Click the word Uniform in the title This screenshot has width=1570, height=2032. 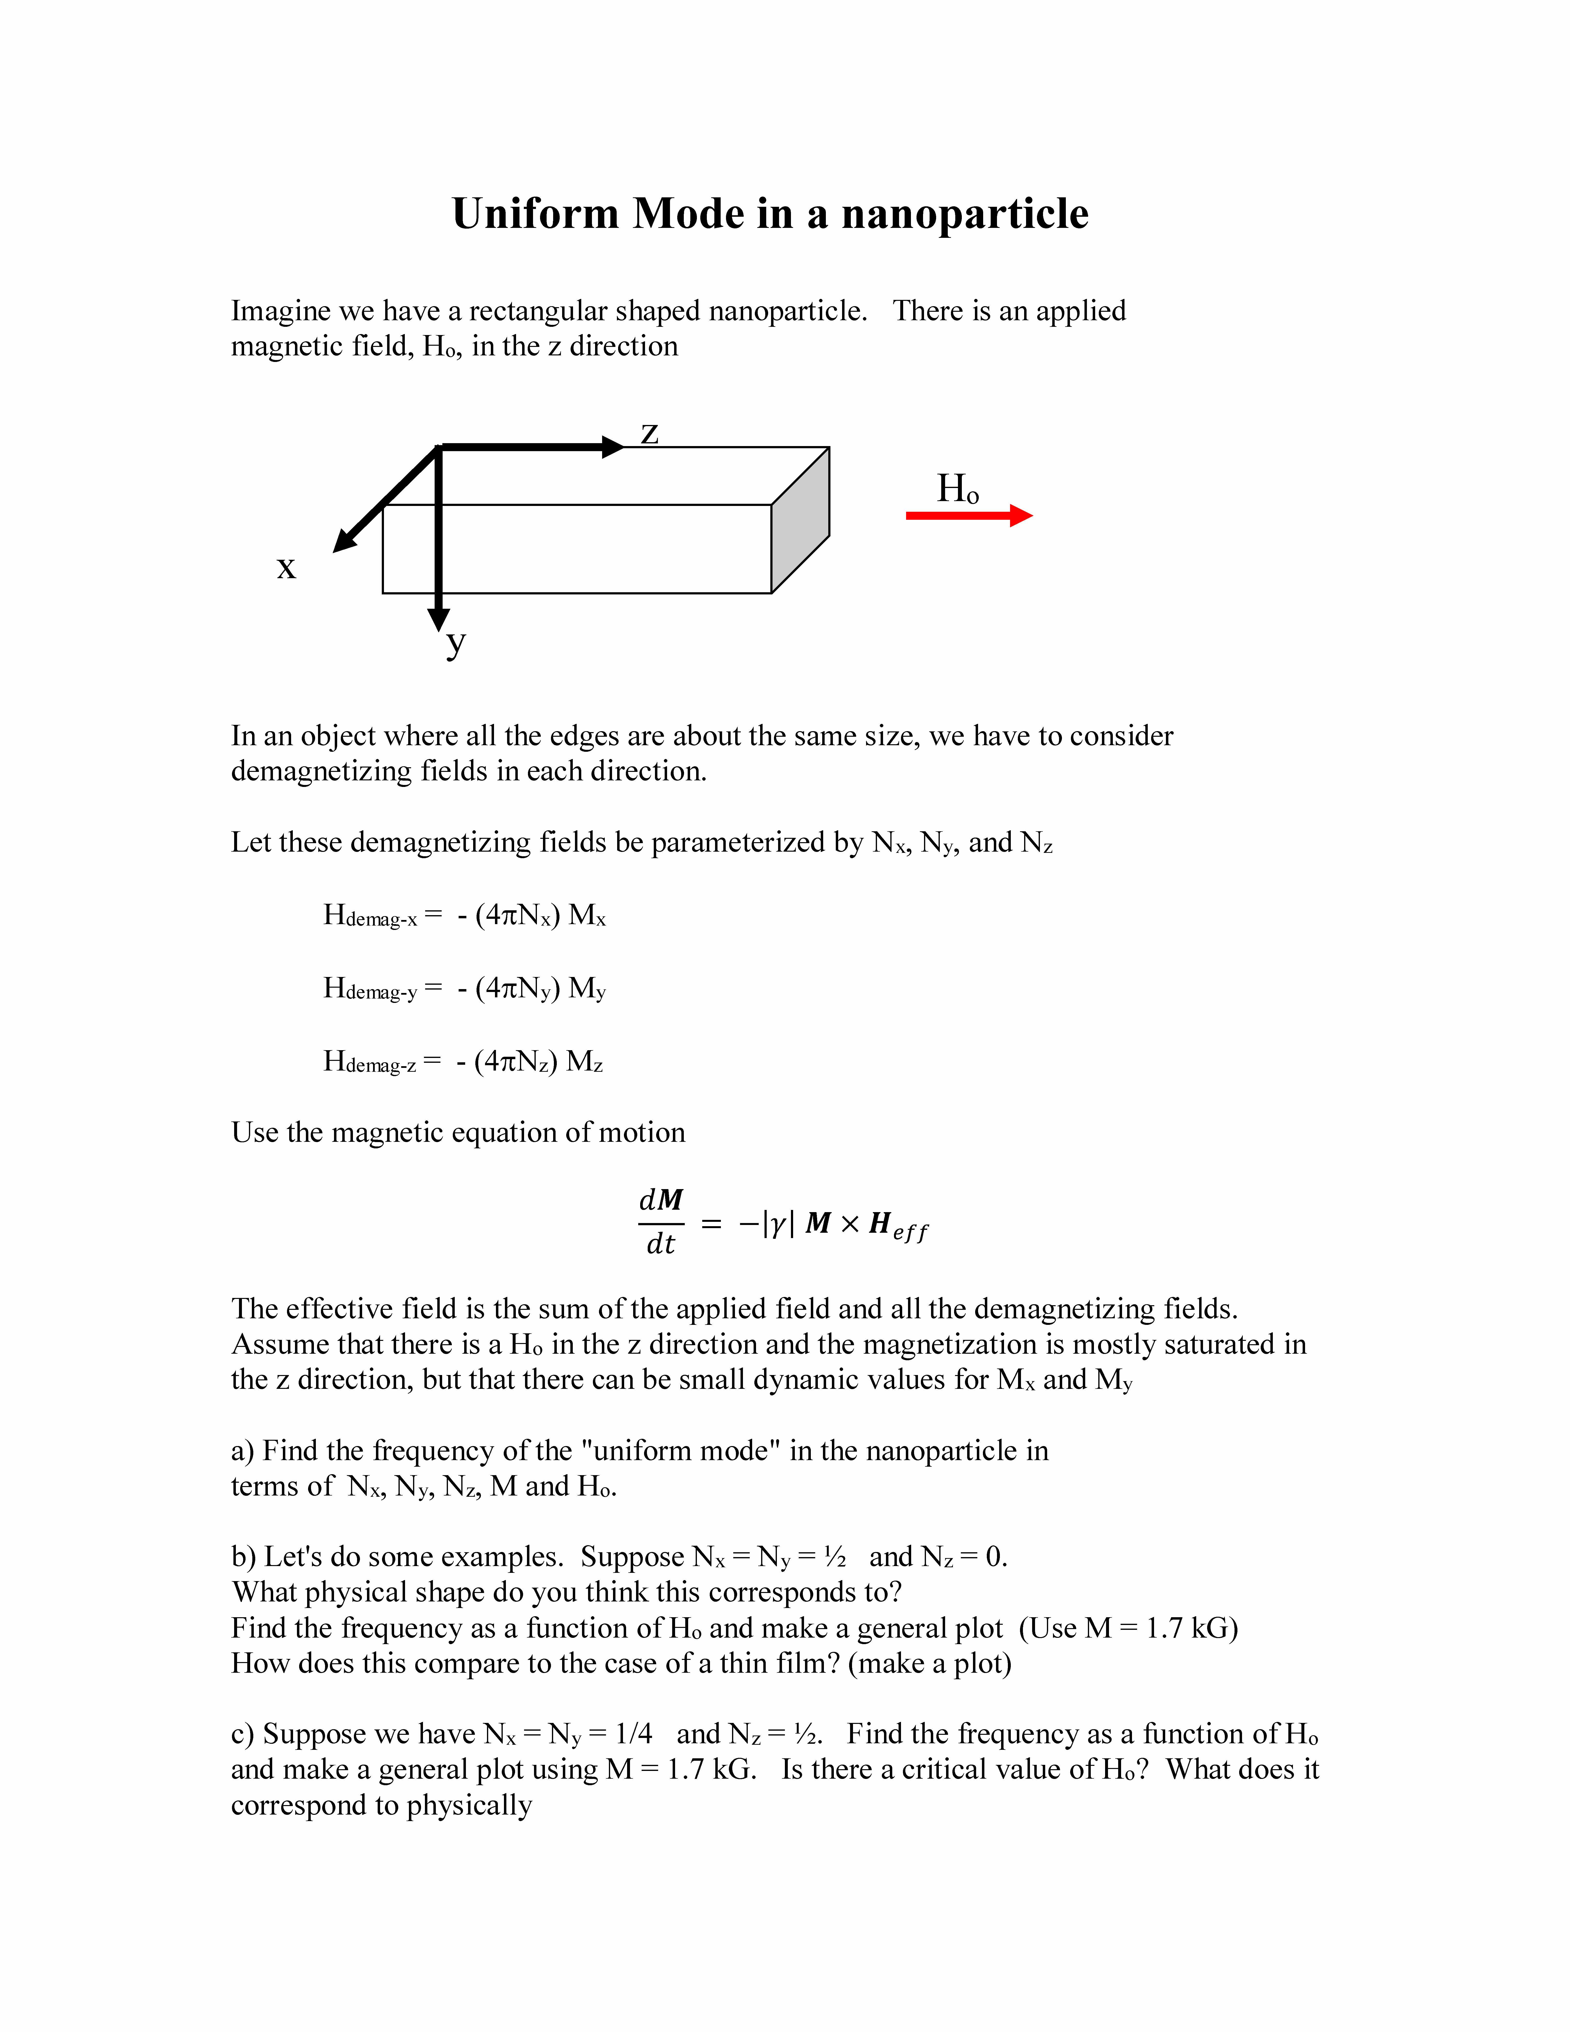coord(535,214)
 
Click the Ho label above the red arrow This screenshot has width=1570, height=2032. coord(957,488)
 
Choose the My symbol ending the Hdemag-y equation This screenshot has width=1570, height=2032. coord(587,989)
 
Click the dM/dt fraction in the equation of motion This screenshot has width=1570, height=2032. coord(661,1222)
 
